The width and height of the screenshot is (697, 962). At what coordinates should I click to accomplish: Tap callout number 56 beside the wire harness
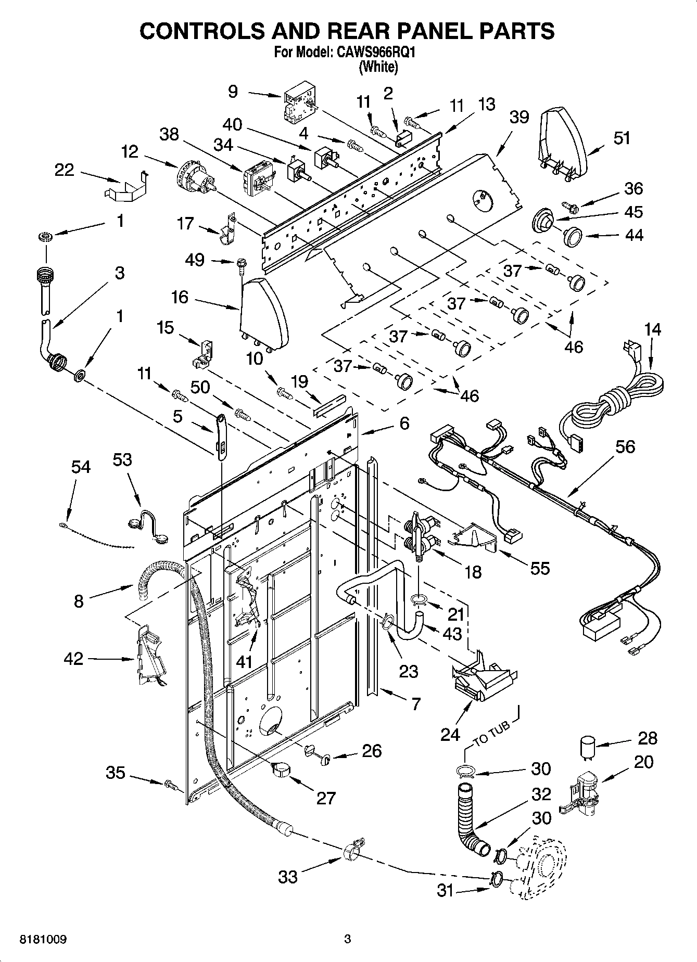pyautogui.click(x=625, y=446)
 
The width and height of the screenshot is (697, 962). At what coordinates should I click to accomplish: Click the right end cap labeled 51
pyautogui.click(x=562, y=143)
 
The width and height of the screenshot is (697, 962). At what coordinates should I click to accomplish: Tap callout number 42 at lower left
pyautogui.click(x=73, y=658)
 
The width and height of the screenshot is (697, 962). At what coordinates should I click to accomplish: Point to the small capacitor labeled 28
pyautogui.click(x=588, y=746)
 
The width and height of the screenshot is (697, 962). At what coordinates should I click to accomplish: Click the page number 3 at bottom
pyautogui.click(x=347, y=939)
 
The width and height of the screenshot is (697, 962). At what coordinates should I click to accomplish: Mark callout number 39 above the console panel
pyautogui.click(x=518, y=118)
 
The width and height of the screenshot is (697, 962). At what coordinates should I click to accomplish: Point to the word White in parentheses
pyautogui.click(x=378, y=67)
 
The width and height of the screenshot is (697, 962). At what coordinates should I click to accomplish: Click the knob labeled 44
pyautogui.click(x=573, y=237)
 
